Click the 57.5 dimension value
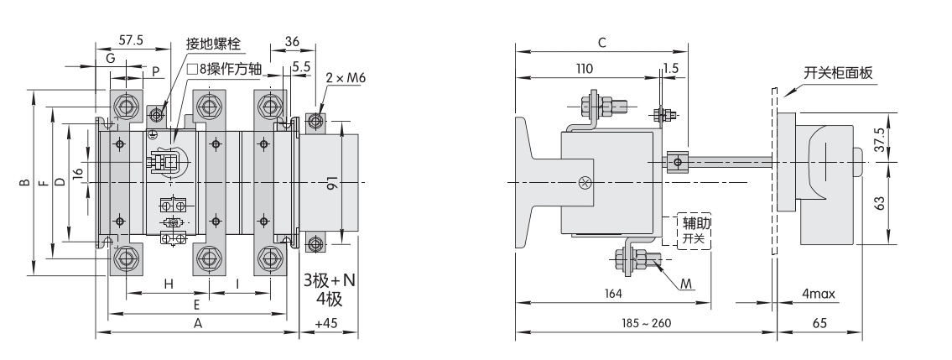[131, 40]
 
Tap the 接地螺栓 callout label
[213, 44]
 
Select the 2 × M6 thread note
[346, 78]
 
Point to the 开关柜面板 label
[838, 74]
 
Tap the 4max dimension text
[818, 295]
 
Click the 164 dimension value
[613, 294]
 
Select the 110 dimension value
[584, 69]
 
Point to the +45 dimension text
[326, 323]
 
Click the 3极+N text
[330, 280]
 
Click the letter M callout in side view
[686, 284]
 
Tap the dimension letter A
[197, 324]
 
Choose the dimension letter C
[602, 43]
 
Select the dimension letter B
[24, 182]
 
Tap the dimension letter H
[169, 284]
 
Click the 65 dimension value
[819, 323]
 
